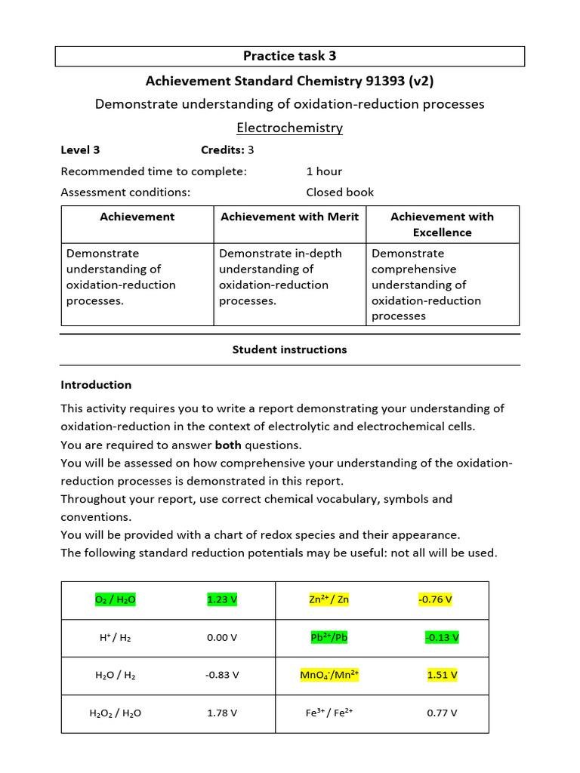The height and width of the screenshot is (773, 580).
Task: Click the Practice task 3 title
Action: pyautogui.click(x=289, y=56)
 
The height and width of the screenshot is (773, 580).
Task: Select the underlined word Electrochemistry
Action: pyautogui.click(x=289, y=128)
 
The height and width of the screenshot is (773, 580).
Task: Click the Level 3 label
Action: pyautogui.click(x=80, y=149)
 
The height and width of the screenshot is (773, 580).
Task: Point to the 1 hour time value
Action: pyautogui.click(x=324, y=171)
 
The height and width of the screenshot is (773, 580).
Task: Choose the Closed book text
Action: pyautogui.click(x=340, y=192)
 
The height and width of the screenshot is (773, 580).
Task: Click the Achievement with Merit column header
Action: pyautogui.click(x=289, y=217)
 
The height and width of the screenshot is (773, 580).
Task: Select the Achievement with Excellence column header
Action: pyautogui.click(x=442, y=224)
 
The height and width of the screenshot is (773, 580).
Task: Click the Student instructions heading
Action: pyautogui.click(x=289, y=350)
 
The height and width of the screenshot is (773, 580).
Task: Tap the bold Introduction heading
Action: pyautogui.click(x=96, y=385)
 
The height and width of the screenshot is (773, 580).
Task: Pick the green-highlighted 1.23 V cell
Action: pyautogui.click(x=222, y=600)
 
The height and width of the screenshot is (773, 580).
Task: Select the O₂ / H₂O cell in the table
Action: pyautogui.click(x=116, y=600)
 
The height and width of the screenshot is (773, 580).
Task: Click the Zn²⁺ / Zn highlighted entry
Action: pyautogui.click(x=329, y=600)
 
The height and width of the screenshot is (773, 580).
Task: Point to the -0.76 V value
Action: pyautogui.click(x=435, y=600)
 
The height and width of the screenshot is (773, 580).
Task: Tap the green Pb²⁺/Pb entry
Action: pyautogui.click(x=329, y=637)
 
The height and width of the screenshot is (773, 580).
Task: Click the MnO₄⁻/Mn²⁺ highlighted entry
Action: pyautogui.click(x=329, y=675)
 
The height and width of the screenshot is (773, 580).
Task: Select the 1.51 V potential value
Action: pyautogui.click(x=442, y=675)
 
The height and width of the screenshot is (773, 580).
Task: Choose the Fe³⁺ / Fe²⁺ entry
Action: pyautogui.click(x=329, y=713)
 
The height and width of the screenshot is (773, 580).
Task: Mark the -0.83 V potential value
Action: pyautogui.click(x=222, y=675)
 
